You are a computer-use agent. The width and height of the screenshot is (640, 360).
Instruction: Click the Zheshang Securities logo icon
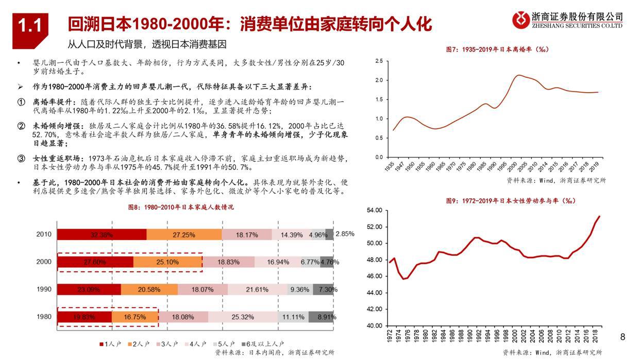tap(520, 20)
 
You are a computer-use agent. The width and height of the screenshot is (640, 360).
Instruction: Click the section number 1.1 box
tap(30, 26)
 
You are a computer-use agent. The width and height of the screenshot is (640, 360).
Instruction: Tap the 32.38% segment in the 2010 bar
tap(102, 235)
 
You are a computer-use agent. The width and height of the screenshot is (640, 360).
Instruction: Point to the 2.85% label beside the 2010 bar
tap(345, 234)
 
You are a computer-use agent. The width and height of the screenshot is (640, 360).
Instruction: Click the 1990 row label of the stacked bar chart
tap(44, 289)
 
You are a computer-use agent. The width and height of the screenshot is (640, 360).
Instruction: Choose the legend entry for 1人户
tap(109, 344)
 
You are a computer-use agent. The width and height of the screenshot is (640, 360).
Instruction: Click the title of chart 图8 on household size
tap(180, 207)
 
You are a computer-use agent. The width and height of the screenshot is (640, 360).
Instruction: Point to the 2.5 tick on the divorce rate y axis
tap(379, 61)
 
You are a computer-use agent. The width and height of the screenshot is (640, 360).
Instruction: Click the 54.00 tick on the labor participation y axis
tap(374, 210)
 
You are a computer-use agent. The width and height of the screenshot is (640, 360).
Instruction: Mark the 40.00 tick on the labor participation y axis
tap(374, 325)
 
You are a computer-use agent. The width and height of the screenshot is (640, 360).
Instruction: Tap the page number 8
tap(622, 337)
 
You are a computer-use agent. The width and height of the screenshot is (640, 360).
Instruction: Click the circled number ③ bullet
tap(21, 159)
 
